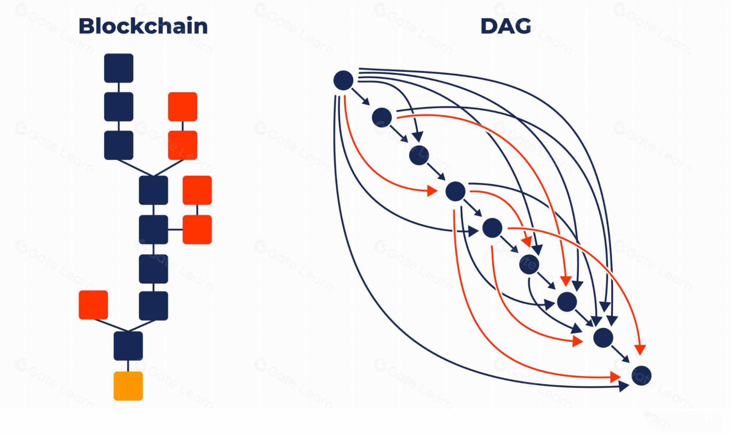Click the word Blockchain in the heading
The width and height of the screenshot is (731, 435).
coord(143,26)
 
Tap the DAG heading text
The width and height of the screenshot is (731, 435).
coord(505,26)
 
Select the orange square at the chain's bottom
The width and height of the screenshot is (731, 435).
coord(128,386)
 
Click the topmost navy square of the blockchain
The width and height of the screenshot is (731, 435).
coord(118,68)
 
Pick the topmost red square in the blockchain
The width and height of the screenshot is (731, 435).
coord(182,106)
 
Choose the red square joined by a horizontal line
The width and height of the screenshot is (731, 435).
coord(197,229)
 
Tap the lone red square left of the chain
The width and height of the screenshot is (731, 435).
coord(93,305)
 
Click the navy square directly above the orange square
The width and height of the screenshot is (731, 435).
coord(128,346)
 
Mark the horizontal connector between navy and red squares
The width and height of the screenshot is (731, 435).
coord(175,229)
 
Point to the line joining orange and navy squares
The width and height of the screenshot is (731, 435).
coord(128,366)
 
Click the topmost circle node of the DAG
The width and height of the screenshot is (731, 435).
coord(343,80)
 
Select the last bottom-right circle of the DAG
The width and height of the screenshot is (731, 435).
coord(641,375)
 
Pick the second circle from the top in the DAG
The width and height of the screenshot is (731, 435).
coord(382,117)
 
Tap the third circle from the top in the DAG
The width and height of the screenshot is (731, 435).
coord(419,155)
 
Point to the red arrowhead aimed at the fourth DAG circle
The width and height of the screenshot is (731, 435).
coord(432,191)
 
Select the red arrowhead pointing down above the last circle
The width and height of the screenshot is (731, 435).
coord(640,349)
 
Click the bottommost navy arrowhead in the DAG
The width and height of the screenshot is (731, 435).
coord(623,386)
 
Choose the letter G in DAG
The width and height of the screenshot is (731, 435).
coord(522,26)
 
